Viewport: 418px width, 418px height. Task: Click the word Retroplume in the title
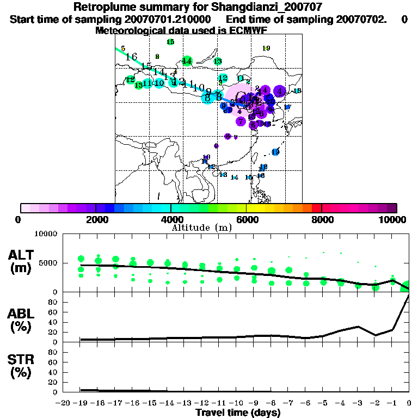100,8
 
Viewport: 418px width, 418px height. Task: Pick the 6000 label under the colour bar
246,220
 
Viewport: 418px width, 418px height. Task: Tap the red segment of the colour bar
316,208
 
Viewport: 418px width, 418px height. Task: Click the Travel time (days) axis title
238,413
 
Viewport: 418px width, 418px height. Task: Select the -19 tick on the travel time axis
81,403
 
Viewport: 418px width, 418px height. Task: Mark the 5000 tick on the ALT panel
48,263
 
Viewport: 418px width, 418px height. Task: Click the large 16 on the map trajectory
131,57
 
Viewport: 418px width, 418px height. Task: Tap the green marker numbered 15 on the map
170,42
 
